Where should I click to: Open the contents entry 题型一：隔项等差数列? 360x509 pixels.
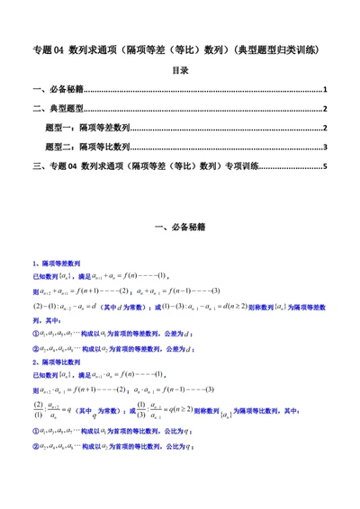point(87,128)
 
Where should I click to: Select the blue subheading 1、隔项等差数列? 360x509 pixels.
point(58,262)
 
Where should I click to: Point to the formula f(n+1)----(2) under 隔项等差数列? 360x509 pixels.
point(108,292)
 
